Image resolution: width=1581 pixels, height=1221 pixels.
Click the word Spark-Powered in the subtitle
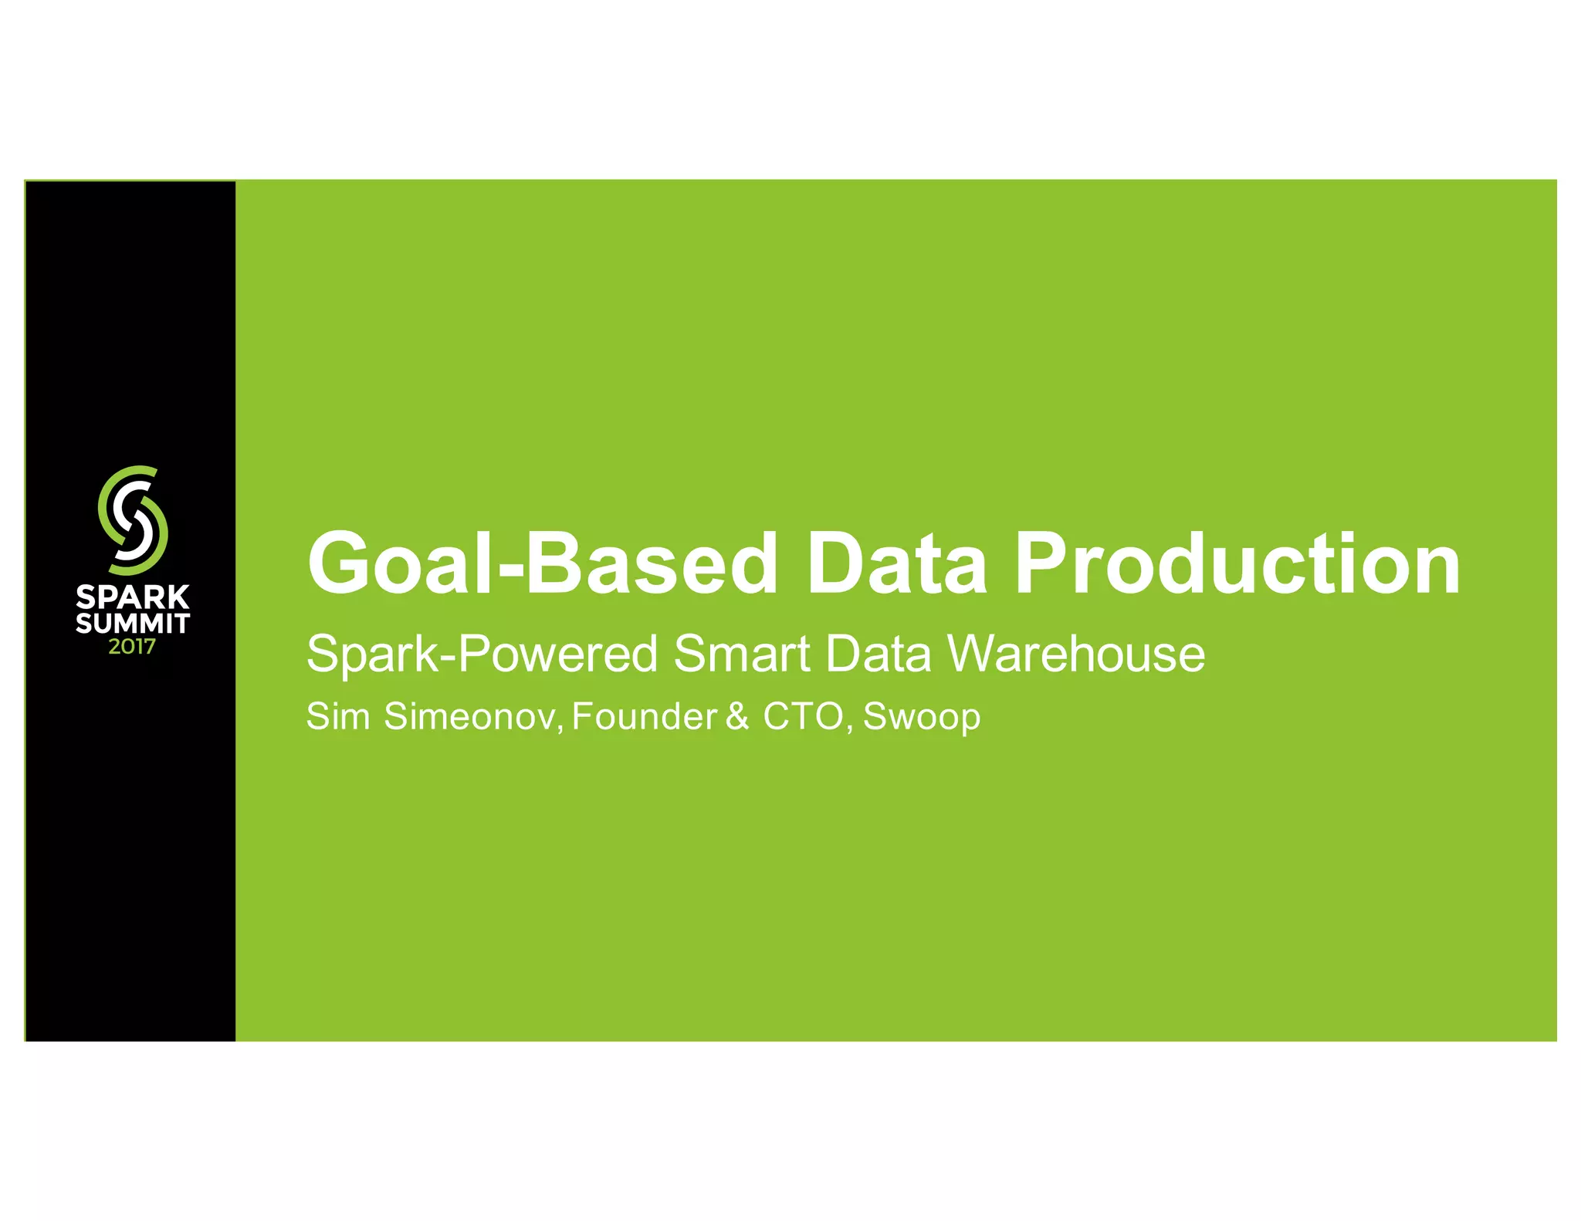pyautogui.click(x=482, y=654)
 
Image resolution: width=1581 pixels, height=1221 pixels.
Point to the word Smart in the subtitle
pyautogui.click(x=741, y=654)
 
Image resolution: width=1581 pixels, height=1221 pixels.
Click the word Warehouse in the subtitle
pyautogui.click(x=1075, y=654)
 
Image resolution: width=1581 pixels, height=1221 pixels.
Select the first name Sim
pyautogui.click(x=338, y=716)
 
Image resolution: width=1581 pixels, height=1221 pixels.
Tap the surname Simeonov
pyautogui.click(x=471, y=716)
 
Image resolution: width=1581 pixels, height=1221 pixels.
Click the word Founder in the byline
pyautogui.click(x=645, y=716)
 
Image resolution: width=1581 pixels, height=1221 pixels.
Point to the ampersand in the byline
pyautogui.click(x=737, y=716)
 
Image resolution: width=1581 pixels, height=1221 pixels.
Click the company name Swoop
pyautogui.click(x=921, y=717)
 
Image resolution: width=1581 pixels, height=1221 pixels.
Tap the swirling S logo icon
pyautogui.click(x=133, y=519)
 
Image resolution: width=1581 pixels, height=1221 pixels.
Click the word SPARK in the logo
pyautogui.click(x=133, y=597)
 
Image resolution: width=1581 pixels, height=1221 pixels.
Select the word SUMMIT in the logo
pyautogui.click(x=133, y=623)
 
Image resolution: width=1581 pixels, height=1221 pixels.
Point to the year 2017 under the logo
pyautogui.click(x=132, y=647)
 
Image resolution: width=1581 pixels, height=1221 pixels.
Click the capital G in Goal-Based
pyautogui.click(x=340, y=563)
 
